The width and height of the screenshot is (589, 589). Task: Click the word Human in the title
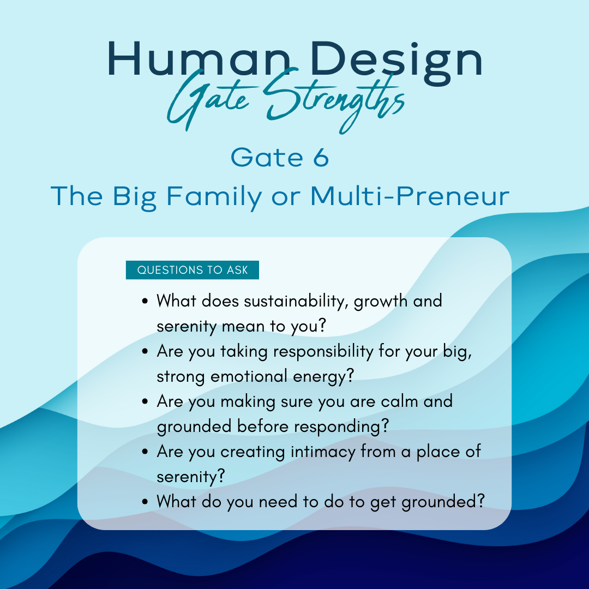pos(199,59)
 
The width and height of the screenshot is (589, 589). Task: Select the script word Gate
pos(208,100)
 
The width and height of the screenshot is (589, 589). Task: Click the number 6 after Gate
pos(321,158)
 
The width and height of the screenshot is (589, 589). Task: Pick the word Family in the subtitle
pos(214,197)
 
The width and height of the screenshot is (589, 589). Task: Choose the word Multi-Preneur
pos(410,196)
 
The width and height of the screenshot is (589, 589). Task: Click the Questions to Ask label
pos(193,270)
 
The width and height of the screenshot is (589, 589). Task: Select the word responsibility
pos(323,352)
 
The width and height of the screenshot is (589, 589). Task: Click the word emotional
pos(249,376)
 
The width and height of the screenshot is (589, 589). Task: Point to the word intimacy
pos(323,452)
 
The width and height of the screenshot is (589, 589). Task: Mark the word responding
pos(341,426)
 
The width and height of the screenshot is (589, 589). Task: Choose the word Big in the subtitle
pos(134,197)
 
